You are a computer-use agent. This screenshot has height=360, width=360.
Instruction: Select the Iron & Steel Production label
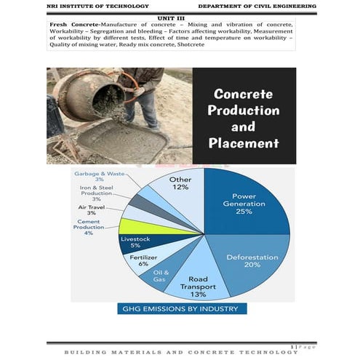point(96,193)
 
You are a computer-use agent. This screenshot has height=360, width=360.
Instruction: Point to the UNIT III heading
point(172,17)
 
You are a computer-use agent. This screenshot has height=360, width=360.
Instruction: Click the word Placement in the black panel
point(243,143)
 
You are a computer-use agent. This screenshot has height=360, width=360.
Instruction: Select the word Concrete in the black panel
point(243,95)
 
